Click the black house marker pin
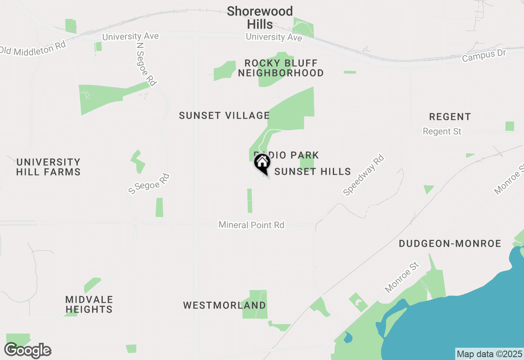tap(262, 163)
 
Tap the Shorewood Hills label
tap(260, 18)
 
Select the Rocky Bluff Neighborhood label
tap(281, 68)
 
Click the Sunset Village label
tap(224, 116)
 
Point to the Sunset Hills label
tap(312, 171)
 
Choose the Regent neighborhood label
tap(450, 117)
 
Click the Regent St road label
tap(442, 131)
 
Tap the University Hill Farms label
tap(48, 167)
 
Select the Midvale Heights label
tap(89, 305)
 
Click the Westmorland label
tap(224, 305)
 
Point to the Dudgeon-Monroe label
tap(450, 244)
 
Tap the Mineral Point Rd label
tap(251, 225)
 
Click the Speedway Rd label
tap(364, 175)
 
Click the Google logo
tap(28, 351)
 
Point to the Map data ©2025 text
tap(489, 354)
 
